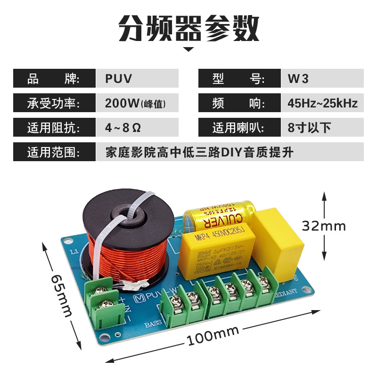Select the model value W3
(298, 79)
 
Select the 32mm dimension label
(324, 226)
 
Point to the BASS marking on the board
(153, 324)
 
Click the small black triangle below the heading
(188, 49)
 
